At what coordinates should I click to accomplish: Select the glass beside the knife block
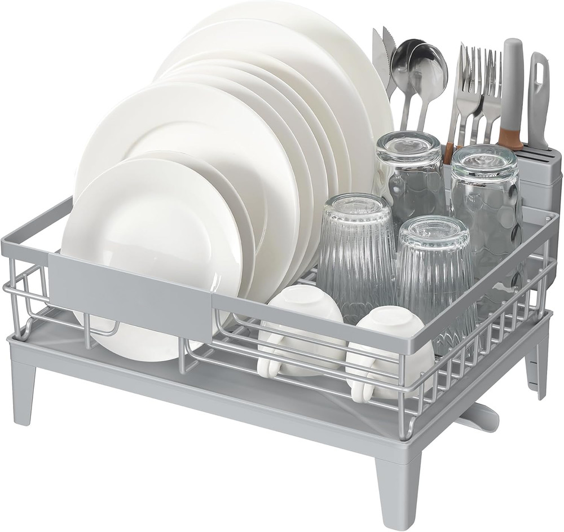click(485, 192)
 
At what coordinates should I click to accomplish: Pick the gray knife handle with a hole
click(538, 96)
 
